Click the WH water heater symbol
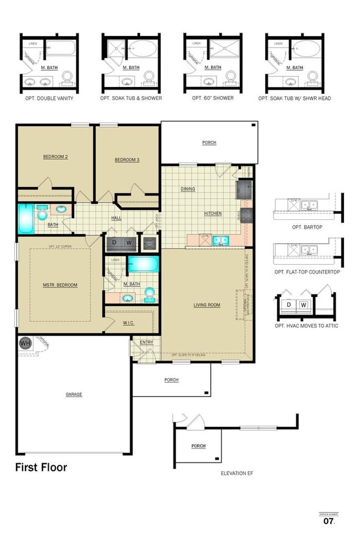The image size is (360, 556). [x=25, y=343]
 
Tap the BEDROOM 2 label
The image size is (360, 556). [x=55, y=157]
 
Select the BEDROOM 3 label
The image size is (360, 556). [x=127, y=160]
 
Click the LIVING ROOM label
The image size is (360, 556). [x=207, y=305]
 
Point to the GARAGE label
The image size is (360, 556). [x=74, y=394]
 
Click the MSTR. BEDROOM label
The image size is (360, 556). [x=60, y=285]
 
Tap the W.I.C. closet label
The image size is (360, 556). [x=129, y=323]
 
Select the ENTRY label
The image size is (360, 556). [x=146, y=342]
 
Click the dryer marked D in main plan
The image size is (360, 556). [x=115, y=242]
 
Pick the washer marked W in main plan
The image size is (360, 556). [x=128, y=242]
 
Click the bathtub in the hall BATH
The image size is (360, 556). [x=25, y=219]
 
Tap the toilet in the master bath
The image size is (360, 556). [x=150, y=294]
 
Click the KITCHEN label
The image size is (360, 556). [x=213, y=213]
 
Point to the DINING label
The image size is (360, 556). [x=188, y=189]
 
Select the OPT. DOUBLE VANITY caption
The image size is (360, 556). [x=49, y=98]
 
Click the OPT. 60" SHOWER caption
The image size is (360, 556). [x=213, y=98]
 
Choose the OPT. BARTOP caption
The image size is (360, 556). [x=306, y=227]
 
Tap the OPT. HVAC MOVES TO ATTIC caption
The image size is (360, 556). [x=306, y=326]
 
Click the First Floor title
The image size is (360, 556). [x=41, y=467]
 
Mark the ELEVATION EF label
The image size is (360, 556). [x=237, y=473]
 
